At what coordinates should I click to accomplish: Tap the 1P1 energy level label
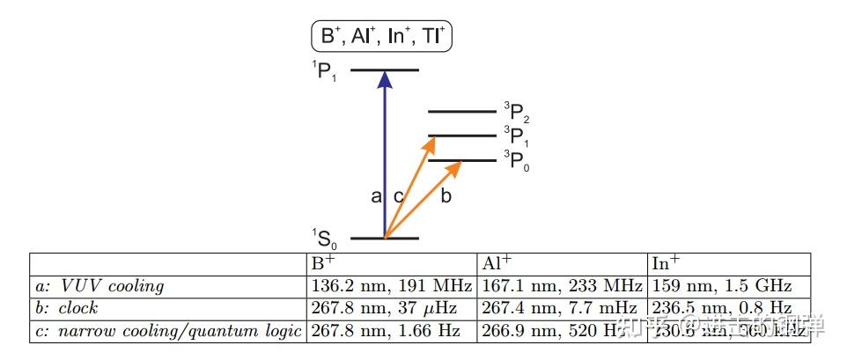coord(324,70)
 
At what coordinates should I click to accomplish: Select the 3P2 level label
coord(516,112)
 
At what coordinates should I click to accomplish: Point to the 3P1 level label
coord(516,136)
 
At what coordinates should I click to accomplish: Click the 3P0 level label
coord(516,161)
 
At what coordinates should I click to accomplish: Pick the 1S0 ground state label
coord(324,238)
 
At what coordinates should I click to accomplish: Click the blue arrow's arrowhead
coord(384,79)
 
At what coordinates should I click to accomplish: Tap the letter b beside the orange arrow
coord(446,196)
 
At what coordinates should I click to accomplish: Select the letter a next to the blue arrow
coord(376,197)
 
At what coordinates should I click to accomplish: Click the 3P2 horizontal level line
coord(461,112)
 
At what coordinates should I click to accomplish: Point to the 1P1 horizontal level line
coord(385,70)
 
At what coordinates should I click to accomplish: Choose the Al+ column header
coord(494,263)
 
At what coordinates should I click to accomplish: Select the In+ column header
coord(664,263)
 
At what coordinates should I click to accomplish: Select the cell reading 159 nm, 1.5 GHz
coord(722,286)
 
